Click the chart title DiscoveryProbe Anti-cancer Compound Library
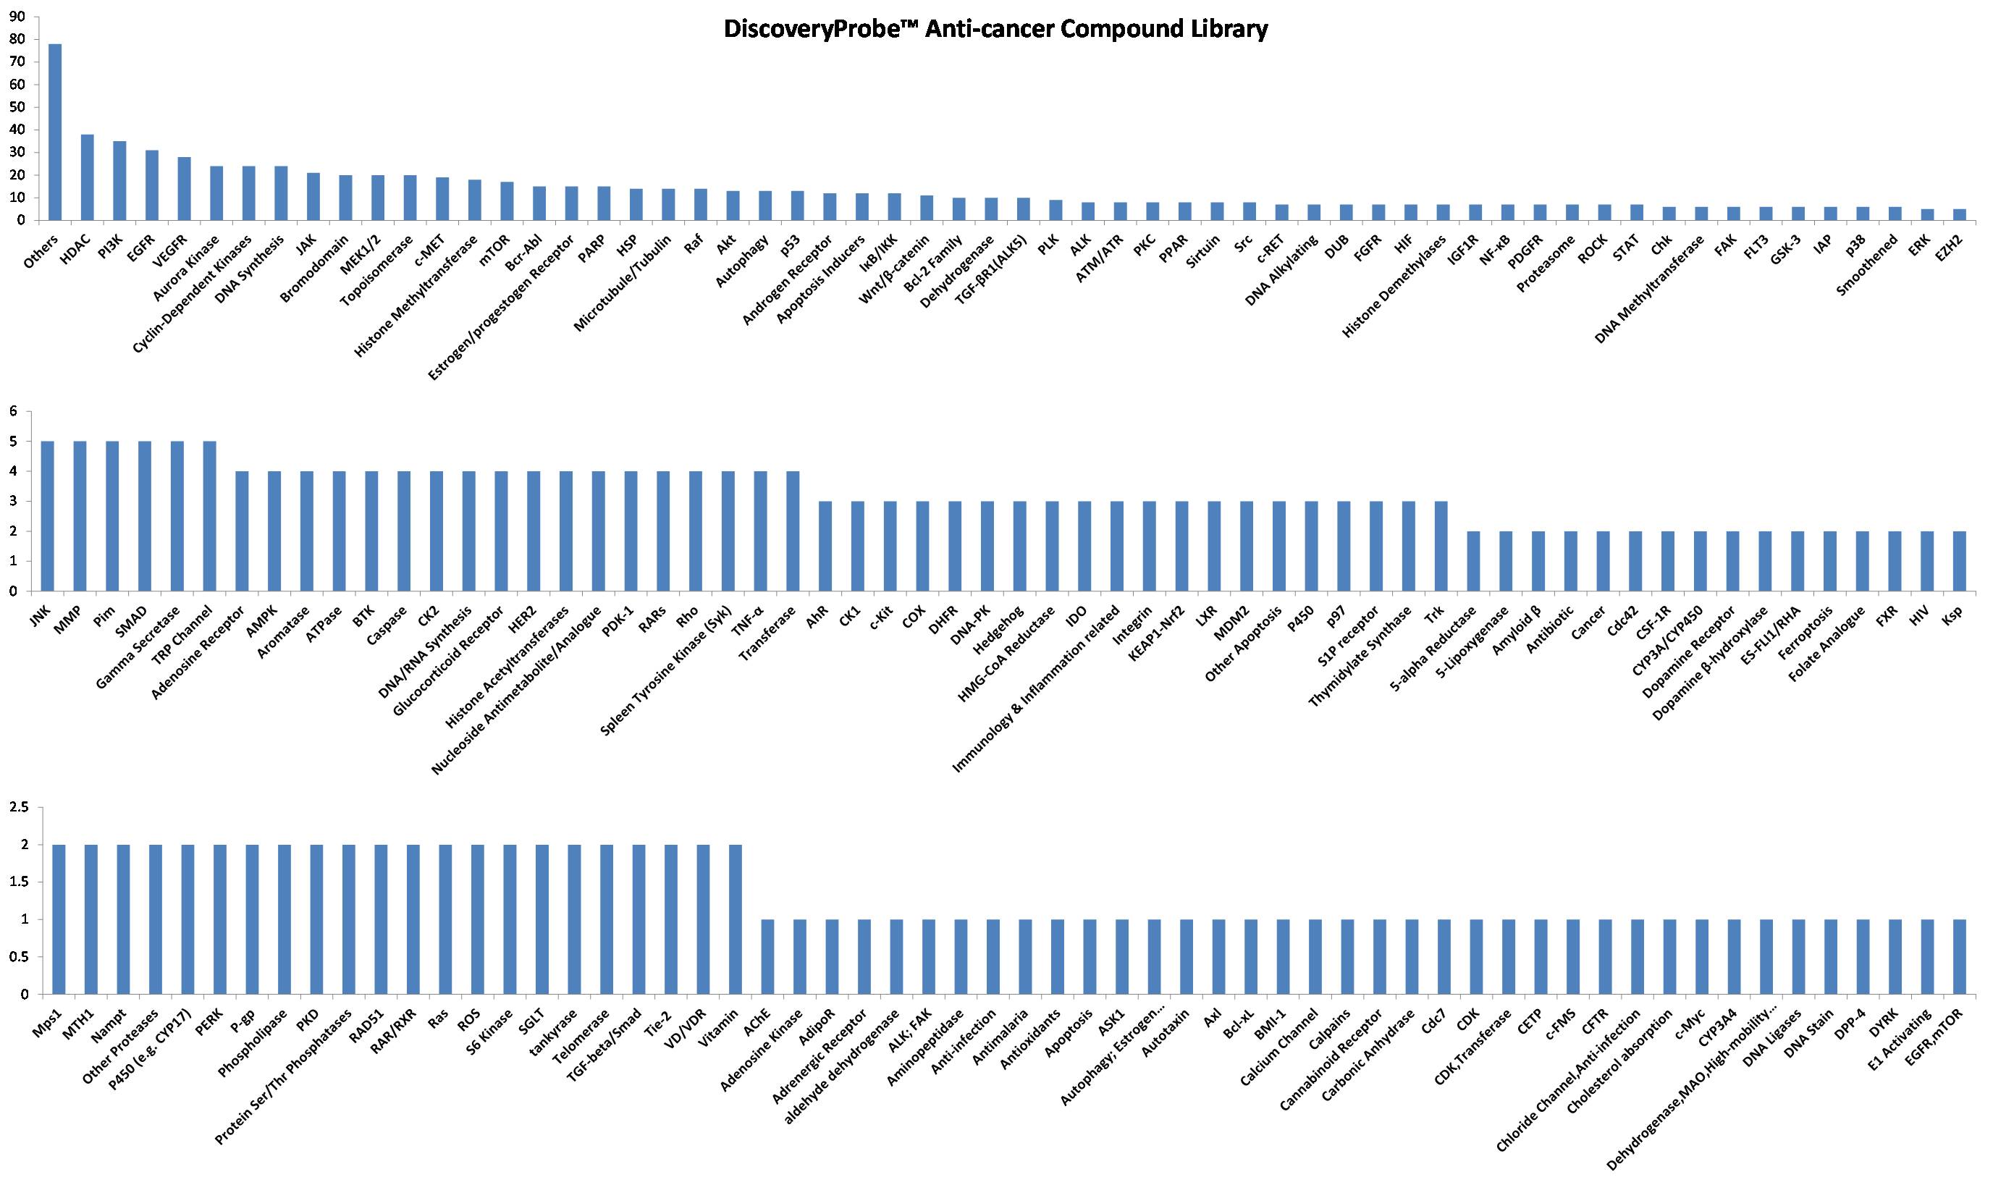995,30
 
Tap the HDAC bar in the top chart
87,177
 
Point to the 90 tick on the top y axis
17,17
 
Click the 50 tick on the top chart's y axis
17,107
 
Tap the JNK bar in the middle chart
48,516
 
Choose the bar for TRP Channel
210,516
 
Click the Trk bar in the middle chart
1441,547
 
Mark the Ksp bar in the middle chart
1960,561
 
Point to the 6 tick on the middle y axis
12,412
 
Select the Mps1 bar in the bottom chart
59,919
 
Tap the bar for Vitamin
736,919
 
